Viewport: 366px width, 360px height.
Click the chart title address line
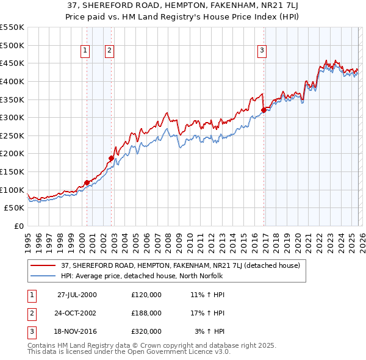click(x=183, y=5)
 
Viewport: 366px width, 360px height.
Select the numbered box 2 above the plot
click(x=109, y=51)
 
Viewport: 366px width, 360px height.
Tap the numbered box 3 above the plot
click(x=261, y=51)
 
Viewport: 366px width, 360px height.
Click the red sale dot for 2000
click(x=87, y=182)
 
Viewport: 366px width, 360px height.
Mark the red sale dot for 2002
click(x=112, y=158)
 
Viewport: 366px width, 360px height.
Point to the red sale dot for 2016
click(x=264, y=110)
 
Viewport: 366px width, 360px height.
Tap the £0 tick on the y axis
click(x=18, y=226)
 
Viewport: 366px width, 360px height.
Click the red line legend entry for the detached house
click(x=180, y=265)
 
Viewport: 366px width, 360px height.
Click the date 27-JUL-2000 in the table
click(x=77, y=294)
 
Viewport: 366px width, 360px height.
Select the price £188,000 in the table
click(x=146, y=312)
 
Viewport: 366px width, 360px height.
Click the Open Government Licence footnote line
click(x=129, y=352)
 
